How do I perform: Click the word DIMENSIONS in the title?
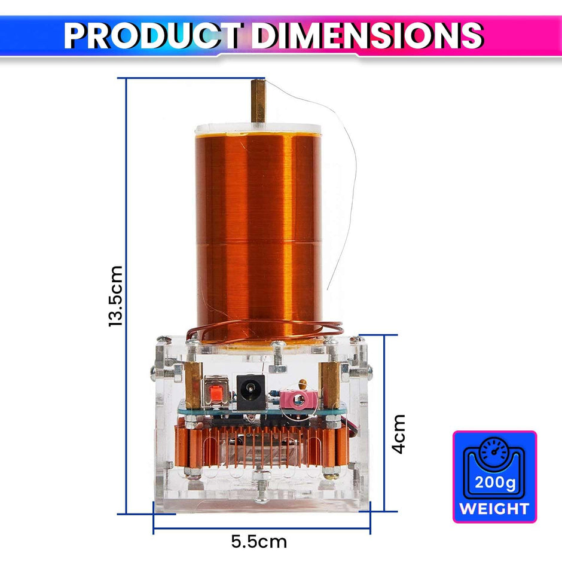[366, 35]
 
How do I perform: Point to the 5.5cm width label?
[259, 542]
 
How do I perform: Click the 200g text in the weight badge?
[494, 482]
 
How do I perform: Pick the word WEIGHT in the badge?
[494, 509]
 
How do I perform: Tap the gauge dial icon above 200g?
[494, 451]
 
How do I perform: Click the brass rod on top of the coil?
[258, 101]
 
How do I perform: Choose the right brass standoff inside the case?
[329, 383]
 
